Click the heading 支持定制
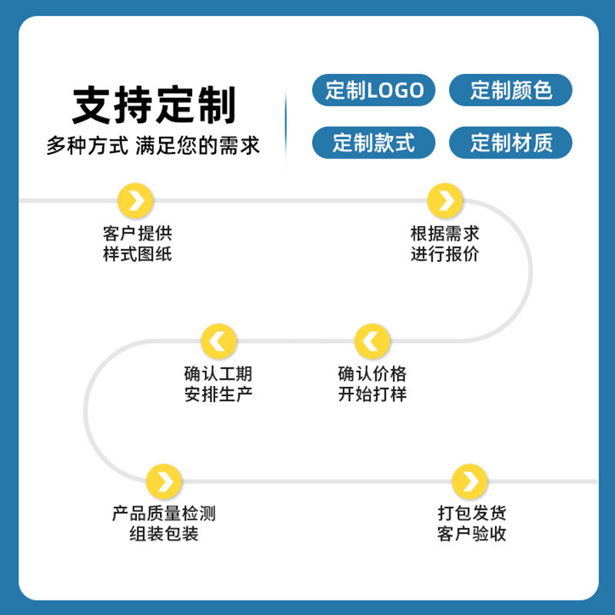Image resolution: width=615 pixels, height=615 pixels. point(154,105)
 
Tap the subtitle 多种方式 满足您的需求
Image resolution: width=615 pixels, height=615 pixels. point(153,145)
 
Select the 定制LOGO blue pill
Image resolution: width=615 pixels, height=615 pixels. point(374,91)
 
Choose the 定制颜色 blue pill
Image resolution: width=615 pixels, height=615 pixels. point(510,91)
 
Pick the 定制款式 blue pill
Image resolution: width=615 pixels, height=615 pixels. point(374,143)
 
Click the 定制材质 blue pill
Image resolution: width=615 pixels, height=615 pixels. point(510,143)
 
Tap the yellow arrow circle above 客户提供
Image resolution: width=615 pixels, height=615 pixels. point(136,201)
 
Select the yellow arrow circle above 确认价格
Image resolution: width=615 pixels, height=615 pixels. point(372,341)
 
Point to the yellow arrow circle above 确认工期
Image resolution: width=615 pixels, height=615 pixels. point(218,341)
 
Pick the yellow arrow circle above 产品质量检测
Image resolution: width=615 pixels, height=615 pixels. point(164,481)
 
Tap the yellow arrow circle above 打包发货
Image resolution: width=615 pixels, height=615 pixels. point(470,481)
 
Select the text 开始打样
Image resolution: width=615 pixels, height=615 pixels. point(372,394)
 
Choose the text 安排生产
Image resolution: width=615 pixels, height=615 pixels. point(218,394)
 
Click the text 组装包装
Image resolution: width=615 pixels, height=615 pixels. point(164,534)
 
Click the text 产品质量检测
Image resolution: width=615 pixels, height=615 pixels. point(164,513)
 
